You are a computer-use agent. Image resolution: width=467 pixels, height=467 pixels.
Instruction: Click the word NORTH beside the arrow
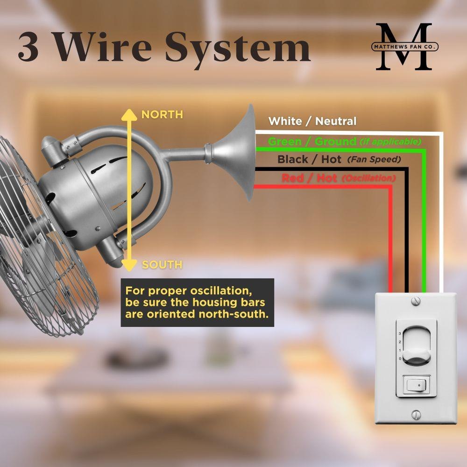click(162, 114)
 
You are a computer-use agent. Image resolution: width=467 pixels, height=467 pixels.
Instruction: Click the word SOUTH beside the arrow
click(162, 265)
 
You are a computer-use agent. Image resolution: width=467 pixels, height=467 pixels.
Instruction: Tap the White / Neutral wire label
click(312, 121)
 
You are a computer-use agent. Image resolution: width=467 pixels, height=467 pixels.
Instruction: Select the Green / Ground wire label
click(312, 141)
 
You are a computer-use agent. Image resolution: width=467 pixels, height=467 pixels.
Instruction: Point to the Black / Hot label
click(309, 160)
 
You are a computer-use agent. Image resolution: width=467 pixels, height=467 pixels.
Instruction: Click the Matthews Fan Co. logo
click(404, 47)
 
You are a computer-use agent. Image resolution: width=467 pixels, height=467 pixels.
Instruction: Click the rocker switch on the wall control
click(416, 386)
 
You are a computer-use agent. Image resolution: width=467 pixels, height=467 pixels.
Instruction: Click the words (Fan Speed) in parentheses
click(374, 160)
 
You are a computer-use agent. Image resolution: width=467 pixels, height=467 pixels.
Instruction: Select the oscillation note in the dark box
click(197, 302)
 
